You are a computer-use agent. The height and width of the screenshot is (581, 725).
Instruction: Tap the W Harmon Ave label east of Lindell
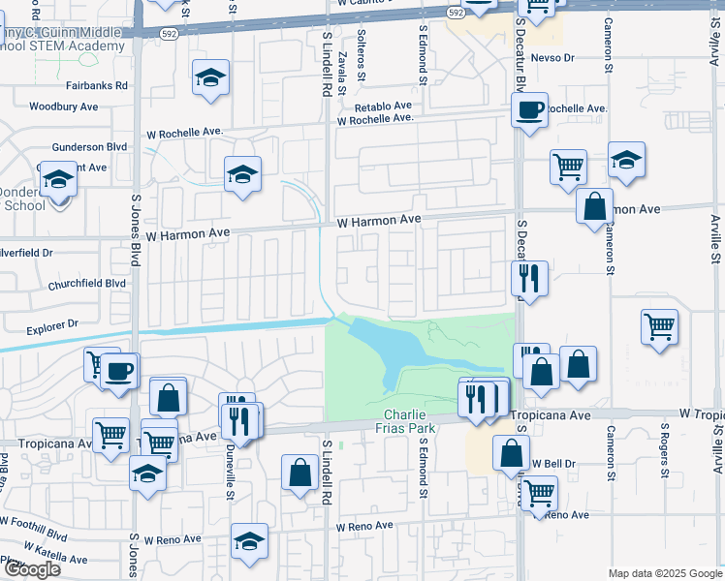379,222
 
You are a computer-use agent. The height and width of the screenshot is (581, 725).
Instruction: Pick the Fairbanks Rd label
97,85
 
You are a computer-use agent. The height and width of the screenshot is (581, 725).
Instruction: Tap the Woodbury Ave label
65,106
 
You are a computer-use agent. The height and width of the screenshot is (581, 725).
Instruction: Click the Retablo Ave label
383,107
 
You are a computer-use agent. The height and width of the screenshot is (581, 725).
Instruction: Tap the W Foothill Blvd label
34,533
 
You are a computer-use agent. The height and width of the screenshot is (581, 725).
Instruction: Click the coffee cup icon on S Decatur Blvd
529,109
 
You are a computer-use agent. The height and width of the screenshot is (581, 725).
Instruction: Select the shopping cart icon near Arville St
659,327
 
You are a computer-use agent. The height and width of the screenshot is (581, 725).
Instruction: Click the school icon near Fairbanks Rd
210,78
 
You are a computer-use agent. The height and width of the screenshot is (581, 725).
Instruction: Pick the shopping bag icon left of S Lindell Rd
300,474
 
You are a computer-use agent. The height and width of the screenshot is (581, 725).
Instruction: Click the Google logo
32,569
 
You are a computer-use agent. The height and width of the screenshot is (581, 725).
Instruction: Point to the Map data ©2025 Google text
665,572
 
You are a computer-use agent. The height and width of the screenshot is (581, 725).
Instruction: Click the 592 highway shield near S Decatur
457,11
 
